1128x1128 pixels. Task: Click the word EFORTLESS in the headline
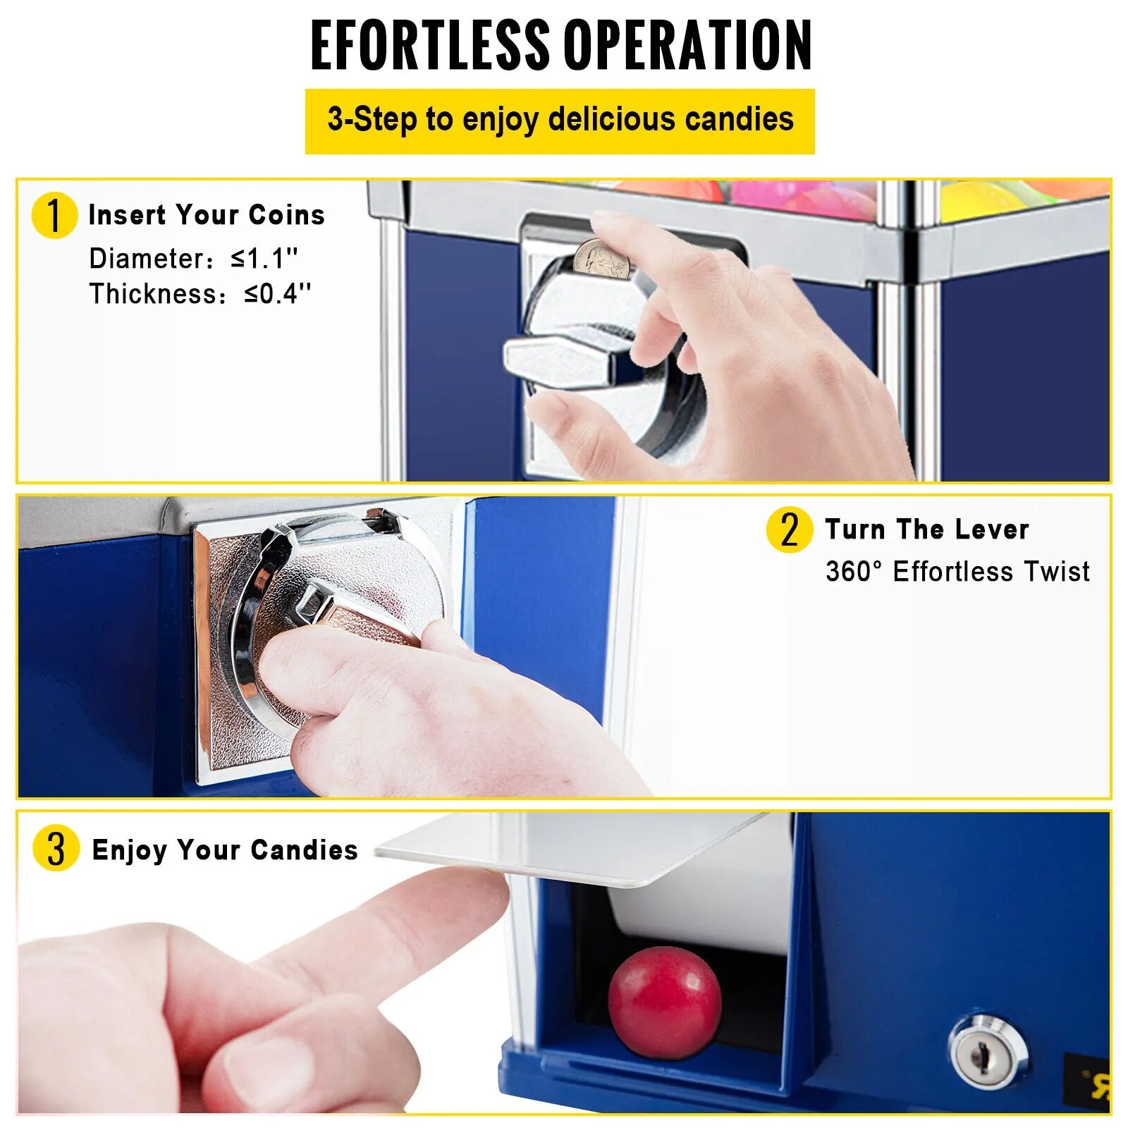coord(429,45)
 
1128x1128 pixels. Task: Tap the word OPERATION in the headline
coord(688,45)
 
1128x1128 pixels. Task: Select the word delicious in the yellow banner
coord(612,118)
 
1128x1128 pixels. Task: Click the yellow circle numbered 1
coord(54,216)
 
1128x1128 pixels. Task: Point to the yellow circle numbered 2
coord(789,529)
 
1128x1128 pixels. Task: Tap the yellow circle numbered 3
coord(56,847)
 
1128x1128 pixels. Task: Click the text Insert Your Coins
coord(207,215)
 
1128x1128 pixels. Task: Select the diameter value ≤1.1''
coord(264,258)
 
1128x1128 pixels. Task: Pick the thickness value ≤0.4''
coord(277,293)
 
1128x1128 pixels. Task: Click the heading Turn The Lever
coord(927,529)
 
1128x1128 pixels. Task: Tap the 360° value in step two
coord(854,571)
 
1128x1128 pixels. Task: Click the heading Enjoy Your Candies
coord(225,850)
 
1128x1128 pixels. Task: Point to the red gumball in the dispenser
coord(665,1003)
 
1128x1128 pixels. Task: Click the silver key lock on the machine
coord(988,1053)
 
